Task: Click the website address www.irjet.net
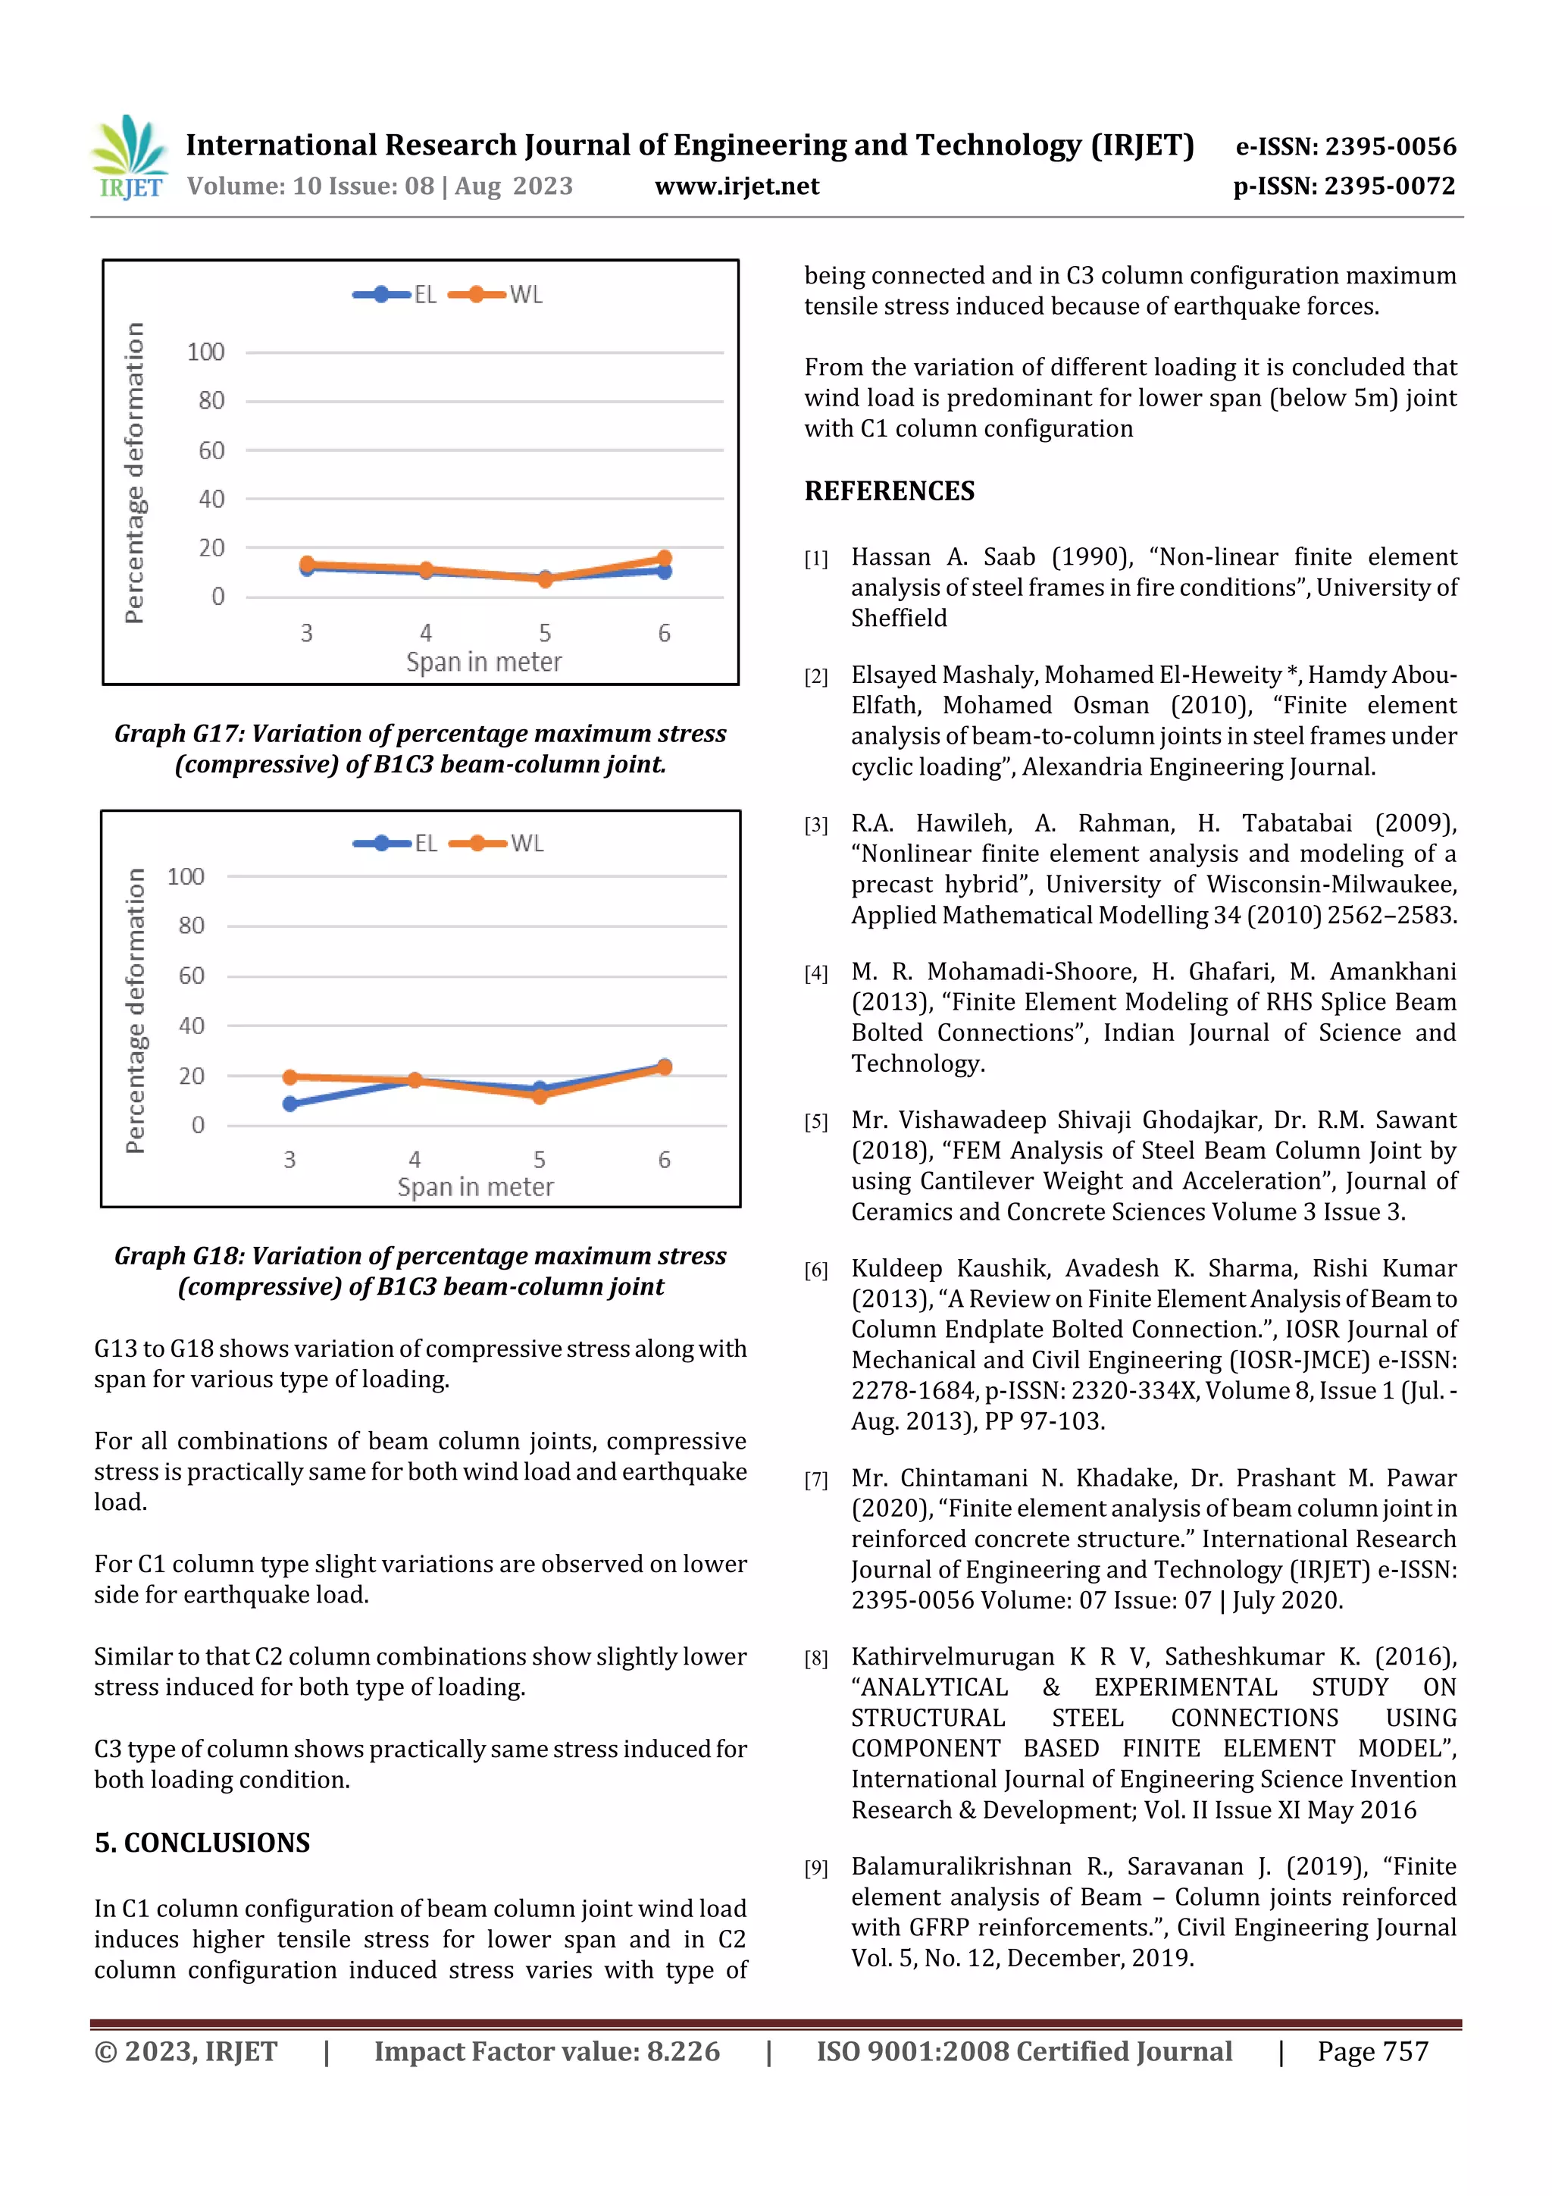[737, 186]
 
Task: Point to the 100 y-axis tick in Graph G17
[205, 352]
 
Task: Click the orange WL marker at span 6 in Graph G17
[664, 559]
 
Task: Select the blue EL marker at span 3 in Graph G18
[289, 1104]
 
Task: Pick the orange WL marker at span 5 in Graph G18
[540, 1096]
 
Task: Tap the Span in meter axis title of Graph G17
[484, 662]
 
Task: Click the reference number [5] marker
[815, 1122]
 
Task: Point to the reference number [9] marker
[815, 1868]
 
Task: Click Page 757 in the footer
[1372, 2050]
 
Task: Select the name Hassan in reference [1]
[890, 556]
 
